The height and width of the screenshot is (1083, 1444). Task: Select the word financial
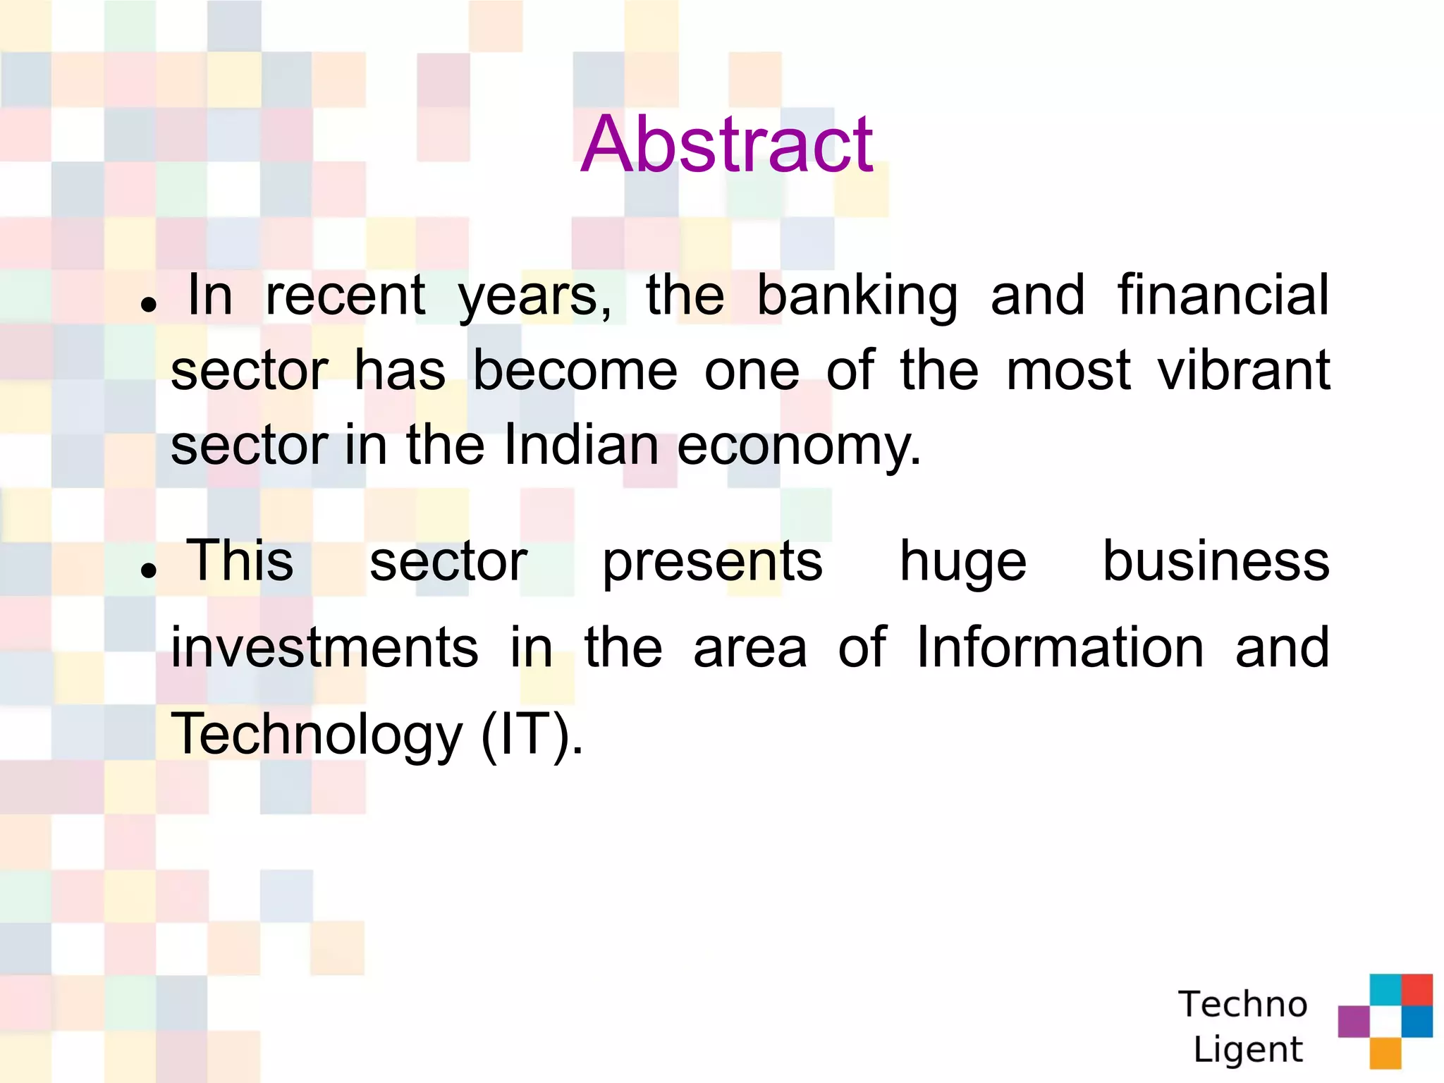click(x=1223, y=295)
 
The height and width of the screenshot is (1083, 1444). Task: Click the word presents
click(x=712, y=563)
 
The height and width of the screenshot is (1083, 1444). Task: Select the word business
click(x=1216, y=561)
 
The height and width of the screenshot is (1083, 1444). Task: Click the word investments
click(x=324, y=647)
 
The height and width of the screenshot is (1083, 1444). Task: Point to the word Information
click(x=1060, y=647)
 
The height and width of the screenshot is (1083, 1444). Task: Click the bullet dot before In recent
click(x=148, y=304)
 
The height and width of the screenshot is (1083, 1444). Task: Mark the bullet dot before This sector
click(x=148, y=570)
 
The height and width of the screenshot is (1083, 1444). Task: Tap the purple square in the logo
click(x=1353, y=1021)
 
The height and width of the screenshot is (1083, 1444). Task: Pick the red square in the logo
click(x=1417, y=989)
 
